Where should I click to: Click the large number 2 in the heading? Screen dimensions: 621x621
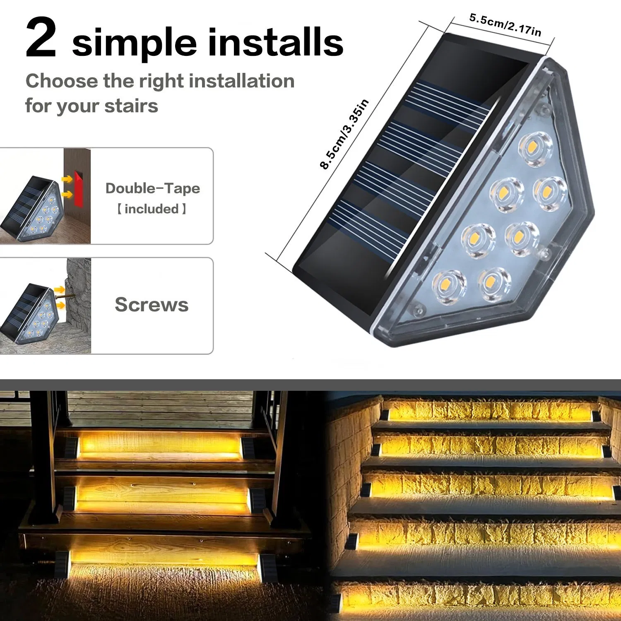pos(41,39)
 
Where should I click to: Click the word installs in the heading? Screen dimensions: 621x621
pos(275,42)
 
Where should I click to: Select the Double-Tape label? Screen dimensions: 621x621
pos(152,188)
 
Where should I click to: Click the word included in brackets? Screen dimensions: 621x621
pos(152,209)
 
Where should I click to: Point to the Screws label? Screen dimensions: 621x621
pos(152,305)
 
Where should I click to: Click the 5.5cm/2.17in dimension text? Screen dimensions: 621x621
pos(505,24)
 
